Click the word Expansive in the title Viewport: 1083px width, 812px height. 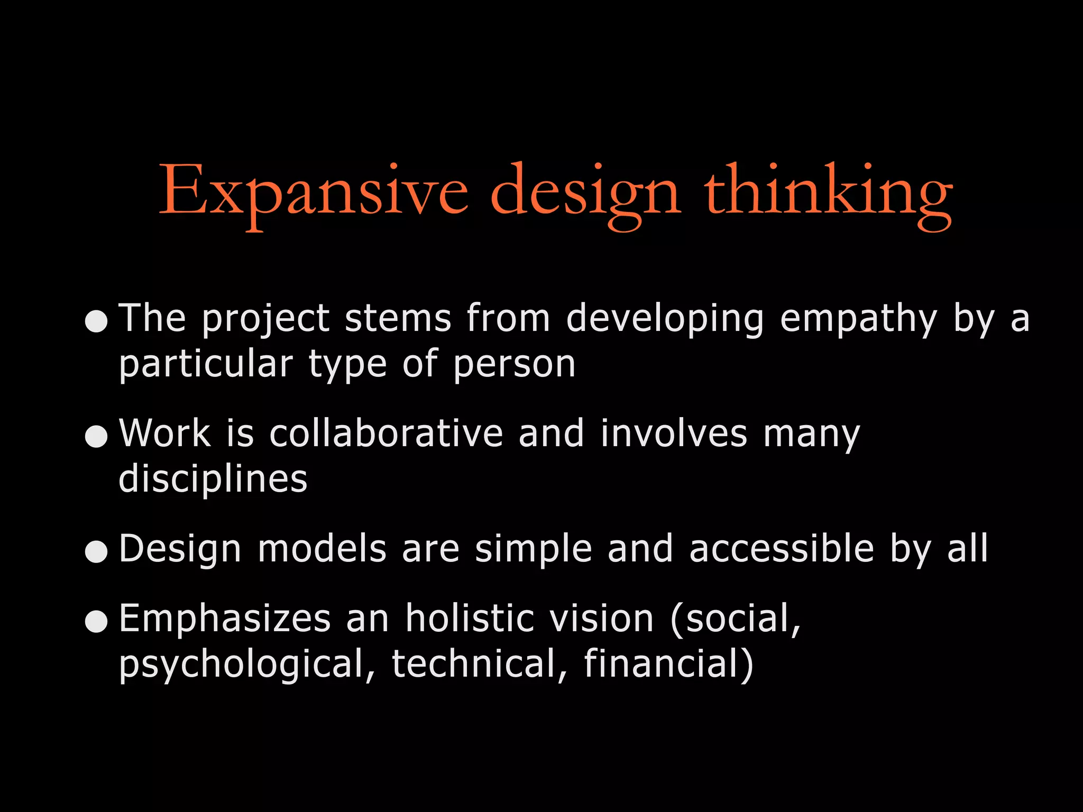click(x=313, y=191)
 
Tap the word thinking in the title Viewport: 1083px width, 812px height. click(x=828, y=191)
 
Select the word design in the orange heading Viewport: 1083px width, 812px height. click(x=585, y=191)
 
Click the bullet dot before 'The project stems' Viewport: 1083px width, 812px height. click(x=96, y=321)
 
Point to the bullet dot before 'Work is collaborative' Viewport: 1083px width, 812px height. click(x=96, y=436)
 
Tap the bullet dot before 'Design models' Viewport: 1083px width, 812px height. click(x=96, y=551)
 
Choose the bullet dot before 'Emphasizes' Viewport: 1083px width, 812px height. click(x=96, y=621)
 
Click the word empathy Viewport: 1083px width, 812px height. click(x=858, y=319)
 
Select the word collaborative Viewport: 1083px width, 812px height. click(x=386, y=433)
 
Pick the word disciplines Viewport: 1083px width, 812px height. click(x=213, y=479)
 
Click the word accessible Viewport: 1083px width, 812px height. click(x=782, y=549)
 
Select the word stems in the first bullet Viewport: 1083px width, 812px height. click(x=398, y=319)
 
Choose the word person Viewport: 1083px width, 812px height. click(x=514, y=365)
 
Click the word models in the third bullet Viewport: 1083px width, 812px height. click(x=323, y=549)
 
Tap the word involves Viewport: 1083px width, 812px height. click(x=674, y=433)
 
